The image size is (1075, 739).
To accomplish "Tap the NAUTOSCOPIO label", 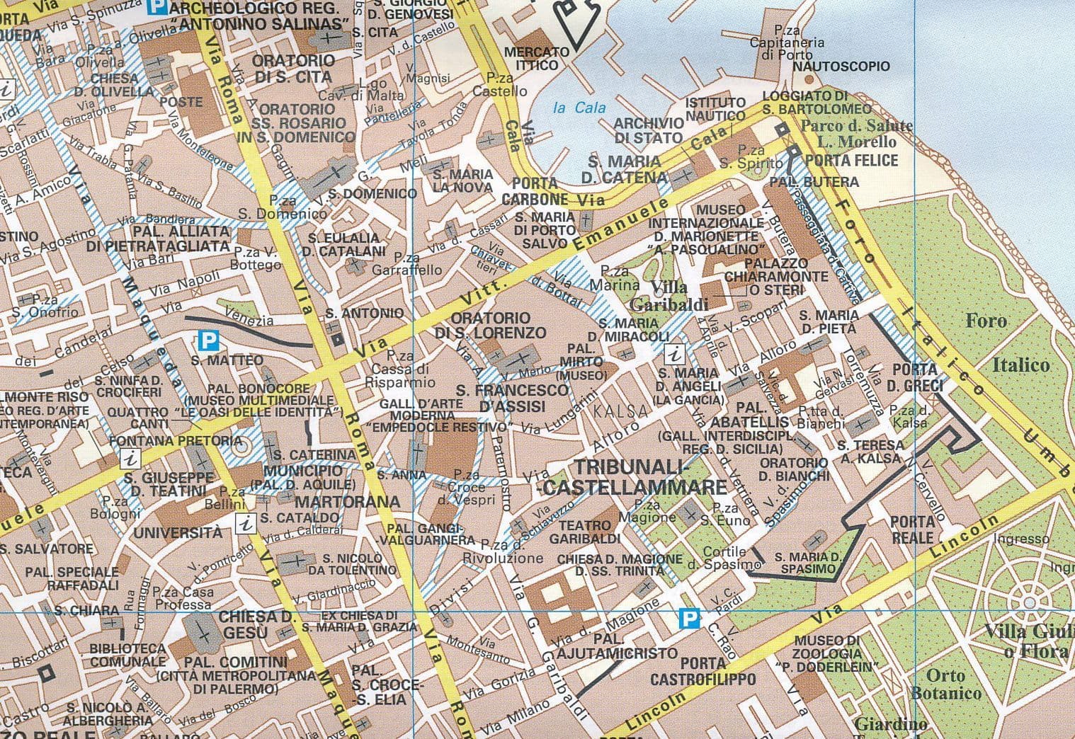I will (x=841, y=67).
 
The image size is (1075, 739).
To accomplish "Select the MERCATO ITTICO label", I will (x=536, y=59).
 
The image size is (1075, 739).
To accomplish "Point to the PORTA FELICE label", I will (x=851, y=160).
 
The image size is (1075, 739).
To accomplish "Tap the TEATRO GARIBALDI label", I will (x=584, y=532).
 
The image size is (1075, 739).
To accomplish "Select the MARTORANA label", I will (x=347, y=502).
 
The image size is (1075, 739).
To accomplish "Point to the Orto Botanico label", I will (x=945, y=684).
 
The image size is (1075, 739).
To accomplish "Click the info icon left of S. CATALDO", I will (x=245, y=524).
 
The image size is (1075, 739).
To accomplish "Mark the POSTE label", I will (x=181, y=101).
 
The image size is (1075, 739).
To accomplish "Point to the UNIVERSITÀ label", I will (x=178, y=532).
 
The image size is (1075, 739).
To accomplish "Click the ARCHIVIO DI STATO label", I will (x=649, y=130).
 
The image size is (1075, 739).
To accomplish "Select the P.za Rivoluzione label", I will (x=511, y=551).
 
